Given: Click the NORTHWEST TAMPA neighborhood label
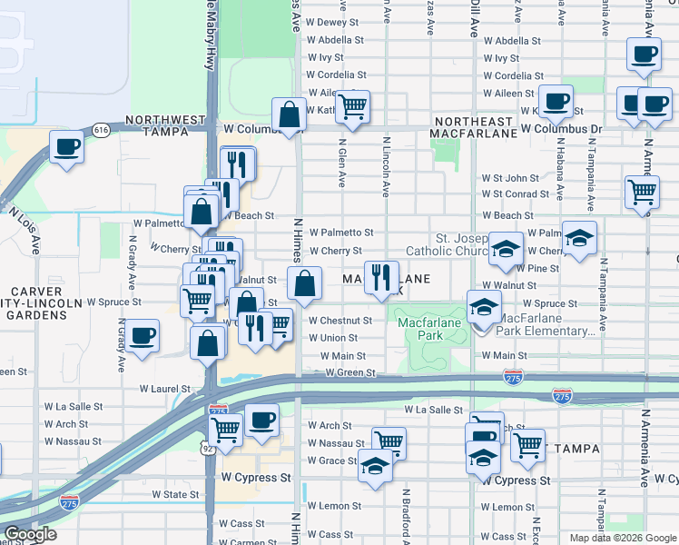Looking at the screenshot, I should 165,125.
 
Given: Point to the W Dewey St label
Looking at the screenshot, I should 335,22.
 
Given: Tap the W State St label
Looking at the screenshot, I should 175,494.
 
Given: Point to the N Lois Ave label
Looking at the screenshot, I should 25,232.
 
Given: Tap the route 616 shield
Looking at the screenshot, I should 101,131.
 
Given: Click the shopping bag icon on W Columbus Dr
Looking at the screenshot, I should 289,114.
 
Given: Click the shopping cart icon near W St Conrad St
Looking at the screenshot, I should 642,193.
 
